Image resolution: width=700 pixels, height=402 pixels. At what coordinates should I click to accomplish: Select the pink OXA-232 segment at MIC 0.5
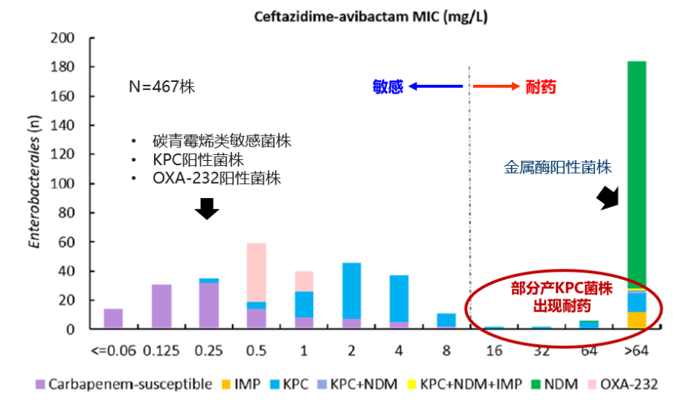click(x=256, y=272)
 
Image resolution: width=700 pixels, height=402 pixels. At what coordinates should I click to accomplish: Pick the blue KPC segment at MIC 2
click(x=351, y=290)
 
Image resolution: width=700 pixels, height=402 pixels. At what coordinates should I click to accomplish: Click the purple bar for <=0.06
click(x=113, y=319)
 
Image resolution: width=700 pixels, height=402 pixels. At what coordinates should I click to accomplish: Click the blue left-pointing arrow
click(x=435, y=87)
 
